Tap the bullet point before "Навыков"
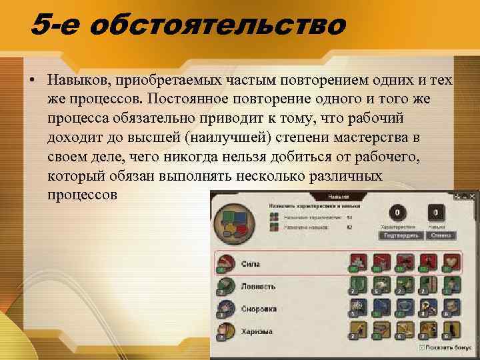32,81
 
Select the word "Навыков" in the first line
79,81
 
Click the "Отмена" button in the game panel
439,235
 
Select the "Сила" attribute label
251,264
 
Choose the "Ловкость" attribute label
259,287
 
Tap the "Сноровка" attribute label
259,309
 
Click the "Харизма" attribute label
256,331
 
